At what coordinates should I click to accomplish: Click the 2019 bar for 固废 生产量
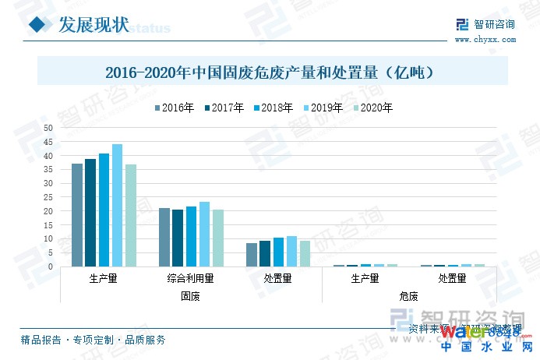[117, 205]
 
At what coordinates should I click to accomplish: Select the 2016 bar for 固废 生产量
[77, 215]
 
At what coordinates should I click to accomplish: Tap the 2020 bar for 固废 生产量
[131, 215]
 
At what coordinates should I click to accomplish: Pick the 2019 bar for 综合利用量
[204, 234]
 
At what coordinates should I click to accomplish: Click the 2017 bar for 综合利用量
[178, 238]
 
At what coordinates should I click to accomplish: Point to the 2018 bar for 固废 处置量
[278, 252]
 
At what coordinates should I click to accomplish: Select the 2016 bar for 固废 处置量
[252, 255]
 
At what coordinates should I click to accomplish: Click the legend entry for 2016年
[174, 108]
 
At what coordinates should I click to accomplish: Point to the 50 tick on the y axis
[48, 129]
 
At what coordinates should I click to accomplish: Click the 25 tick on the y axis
[48, 197]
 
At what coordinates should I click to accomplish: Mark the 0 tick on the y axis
[51, 266]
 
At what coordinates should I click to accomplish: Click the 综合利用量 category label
[191, 278]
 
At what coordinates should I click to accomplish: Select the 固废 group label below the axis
[191, 296]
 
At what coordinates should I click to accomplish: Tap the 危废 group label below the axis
[408, 296]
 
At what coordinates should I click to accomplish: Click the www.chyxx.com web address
[483, 39]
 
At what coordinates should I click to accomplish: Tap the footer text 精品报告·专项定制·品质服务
[93, 340]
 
